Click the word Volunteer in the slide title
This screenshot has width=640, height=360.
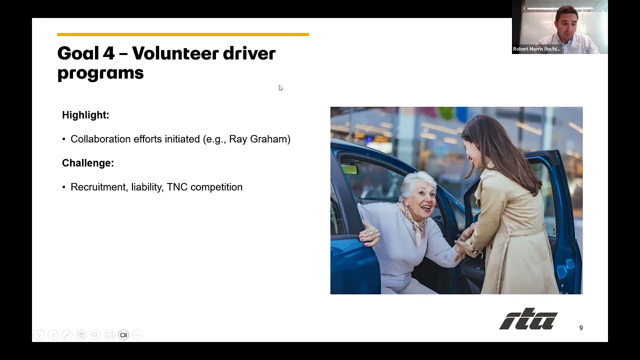tap(175, 53)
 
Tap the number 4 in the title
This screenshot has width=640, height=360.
tap(109, 53)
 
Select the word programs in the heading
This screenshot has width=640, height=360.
tap(100, 73)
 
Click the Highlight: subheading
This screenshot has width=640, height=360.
tap(85, 115)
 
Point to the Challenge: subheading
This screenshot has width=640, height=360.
tap(88, 163)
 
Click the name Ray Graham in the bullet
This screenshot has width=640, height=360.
tap(258, 139)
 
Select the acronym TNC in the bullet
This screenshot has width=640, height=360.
tap(177, 187)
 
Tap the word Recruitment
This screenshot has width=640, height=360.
tap(99, 187)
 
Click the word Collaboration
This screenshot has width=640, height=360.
tap(101, 139)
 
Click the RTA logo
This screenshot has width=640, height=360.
tap(528, 319)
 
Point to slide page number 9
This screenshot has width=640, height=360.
tap(581, 327)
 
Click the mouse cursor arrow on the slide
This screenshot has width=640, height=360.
tap(280, 88)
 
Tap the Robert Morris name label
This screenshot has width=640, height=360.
tap(536, 49)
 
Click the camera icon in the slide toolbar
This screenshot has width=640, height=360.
tap(123, 335)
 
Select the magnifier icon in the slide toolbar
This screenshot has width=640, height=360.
tap(95, 335)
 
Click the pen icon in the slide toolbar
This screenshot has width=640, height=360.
tap(67, 335)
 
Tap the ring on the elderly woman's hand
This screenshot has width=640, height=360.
tap(370, 233)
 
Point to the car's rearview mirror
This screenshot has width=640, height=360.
tap(349, 169)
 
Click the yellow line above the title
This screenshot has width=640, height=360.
tap(183, 34)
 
